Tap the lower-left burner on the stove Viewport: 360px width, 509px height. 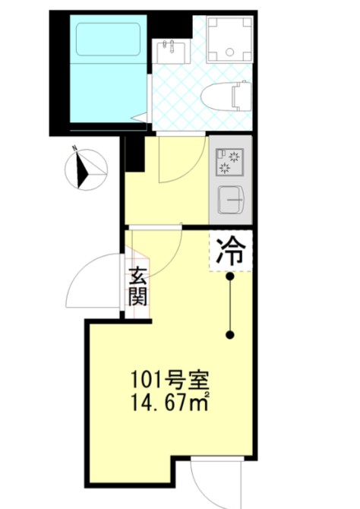click(223, 168)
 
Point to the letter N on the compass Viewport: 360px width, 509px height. click(74, 148)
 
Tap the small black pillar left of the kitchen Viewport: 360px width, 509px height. click(134, 154)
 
